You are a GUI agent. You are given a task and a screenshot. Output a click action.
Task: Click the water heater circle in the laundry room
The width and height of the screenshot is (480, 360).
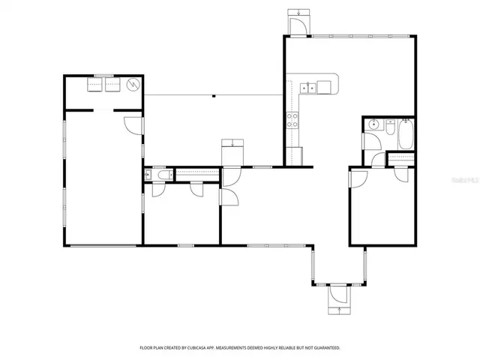pos(133,85)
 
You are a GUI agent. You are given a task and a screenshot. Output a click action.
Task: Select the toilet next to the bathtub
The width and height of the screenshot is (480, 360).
pos(390,127)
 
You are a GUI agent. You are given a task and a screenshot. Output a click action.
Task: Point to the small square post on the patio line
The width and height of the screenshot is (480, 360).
pos(214,95)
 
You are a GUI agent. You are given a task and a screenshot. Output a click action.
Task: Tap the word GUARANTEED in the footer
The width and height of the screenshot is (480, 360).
pos(324,348)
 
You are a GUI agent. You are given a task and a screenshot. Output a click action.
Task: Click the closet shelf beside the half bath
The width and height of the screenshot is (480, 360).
pos(196,174)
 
